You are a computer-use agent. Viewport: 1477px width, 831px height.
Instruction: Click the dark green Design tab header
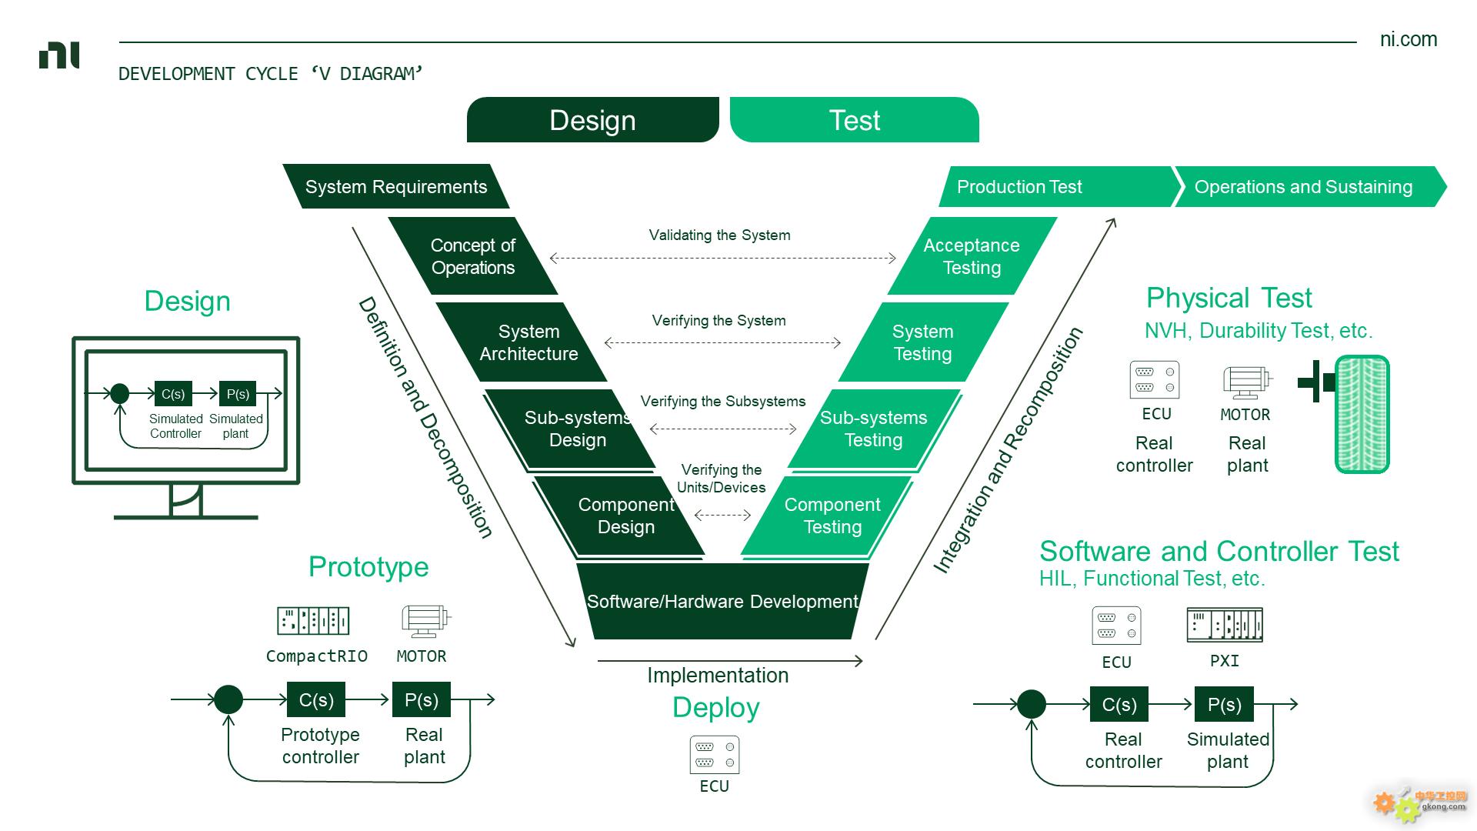click(x=592, y=120)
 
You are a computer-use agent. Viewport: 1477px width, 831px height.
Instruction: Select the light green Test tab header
click(x=854, y=120)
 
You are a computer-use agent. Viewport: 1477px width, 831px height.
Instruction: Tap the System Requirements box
click(x=396, y=186)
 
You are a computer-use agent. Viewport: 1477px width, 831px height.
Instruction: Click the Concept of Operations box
click(x=473, y=256)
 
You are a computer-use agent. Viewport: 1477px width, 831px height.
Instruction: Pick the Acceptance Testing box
click(x=972, y=256)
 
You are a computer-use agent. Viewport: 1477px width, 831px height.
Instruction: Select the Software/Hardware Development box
click(x=722, y=601)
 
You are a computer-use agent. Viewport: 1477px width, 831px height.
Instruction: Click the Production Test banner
click(x=1058, y=186)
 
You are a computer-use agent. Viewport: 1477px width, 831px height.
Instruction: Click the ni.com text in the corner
click(x=1409, y=39)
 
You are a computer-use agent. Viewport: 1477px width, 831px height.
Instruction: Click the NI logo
click(x=59, y=56)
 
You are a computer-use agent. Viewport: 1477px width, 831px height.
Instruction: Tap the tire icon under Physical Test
click(x=1362, y=414)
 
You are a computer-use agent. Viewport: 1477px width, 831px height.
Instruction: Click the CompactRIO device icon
click(x=313, y=620)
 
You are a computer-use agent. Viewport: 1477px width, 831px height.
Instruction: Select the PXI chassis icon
click(x=1225, y=625)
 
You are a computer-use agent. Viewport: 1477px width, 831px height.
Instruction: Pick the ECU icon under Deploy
click(x=715, y=755)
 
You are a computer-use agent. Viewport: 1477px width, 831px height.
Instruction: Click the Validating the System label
click(x=719, y=235)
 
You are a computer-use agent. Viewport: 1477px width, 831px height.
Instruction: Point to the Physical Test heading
click(x=1229, y=298)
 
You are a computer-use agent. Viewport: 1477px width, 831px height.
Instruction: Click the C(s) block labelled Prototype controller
click(x=316, y=699)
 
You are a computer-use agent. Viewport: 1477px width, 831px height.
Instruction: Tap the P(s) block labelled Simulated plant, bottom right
click(x=1225, y=704)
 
